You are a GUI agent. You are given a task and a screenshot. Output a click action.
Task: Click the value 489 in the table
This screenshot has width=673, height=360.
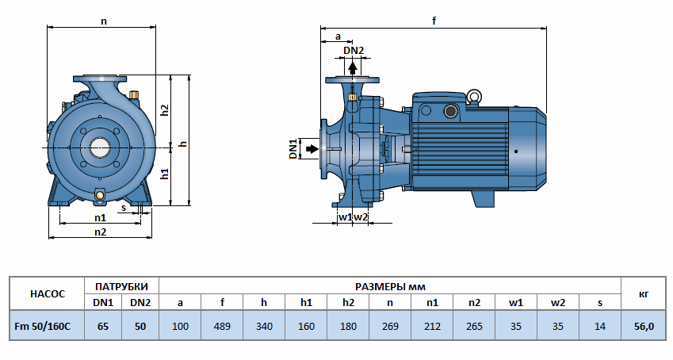pos(223,326)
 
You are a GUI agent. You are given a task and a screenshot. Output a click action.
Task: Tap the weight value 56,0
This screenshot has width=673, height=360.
pos(644,326)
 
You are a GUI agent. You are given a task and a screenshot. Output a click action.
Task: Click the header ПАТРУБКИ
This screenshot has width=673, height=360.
pos(121,285)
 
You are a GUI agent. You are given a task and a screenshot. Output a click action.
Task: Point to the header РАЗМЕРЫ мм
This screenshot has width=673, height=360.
pos(390,285)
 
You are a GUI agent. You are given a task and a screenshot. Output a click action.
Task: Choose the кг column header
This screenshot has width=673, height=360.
pos(644,293)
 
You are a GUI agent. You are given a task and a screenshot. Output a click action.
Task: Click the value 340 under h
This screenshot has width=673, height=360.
pos(265,326)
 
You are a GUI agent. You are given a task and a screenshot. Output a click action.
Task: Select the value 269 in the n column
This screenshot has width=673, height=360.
pos(390,326)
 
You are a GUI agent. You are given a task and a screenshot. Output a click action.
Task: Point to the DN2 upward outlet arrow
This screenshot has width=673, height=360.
pos(353,68)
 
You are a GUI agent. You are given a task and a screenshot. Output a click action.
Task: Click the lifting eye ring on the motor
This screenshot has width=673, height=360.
pos(474,98)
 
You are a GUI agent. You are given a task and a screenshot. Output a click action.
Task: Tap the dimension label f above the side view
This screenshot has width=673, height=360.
pos(434,21)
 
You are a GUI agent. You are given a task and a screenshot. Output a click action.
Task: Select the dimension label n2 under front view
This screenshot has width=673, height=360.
pos(101,232)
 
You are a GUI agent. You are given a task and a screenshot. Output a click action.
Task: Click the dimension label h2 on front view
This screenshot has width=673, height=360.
pos(165,110)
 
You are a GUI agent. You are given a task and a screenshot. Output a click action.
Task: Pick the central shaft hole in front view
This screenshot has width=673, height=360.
pos(101,147)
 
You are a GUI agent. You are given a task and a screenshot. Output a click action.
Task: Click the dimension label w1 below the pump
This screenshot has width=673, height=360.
pos(344,216)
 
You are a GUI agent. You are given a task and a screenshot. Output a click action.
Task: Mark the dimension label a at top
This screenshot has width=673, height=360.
pos(338,36)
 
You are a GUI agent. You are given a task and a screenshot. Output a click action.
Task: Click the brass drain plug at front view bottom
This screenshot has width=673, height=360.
pos(100,195)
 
